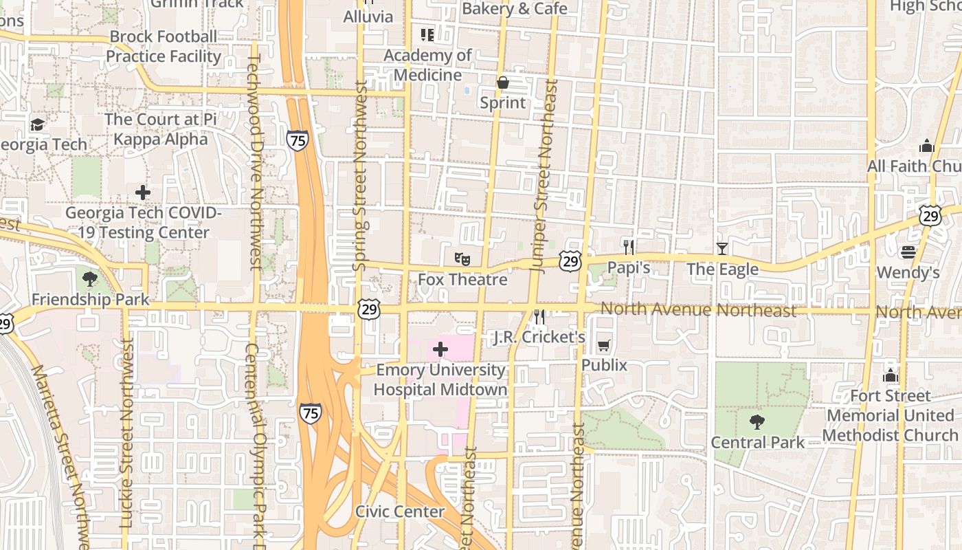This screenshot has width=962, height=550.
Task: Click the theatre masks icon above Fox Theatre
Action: [x=462, y=259]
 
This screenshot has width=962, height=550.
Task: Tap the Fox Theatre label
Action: [x=462, y=280]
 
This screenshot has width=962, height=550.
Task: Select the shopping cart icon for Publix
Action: [x=604, y=345]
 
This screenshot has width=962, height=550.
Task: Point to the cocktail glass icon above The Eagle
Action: [x=721, y=248]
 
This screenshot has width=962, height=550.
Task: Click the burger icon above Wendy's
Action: [x=908, y=252]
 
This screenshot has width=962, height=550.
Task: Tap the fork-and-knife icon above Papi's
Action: [x=628, y=247]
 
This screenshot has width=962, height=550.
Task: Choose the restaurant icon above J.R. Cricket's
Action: [x=539, y=316]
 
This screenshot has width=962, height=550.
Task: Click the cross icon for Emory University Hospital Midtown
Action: [x=440, y=349]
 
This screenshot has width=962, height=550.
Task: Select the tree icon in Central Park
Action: [x=757, y=421]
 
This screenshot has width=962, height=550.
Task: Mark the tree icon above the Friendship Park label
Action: [x=89, y=278]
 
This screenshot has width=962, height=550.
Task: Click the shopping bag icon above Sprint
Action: [x=503, y=82]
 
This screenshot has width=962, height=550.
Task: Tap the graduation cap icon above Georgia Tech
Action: [x=37, y=124]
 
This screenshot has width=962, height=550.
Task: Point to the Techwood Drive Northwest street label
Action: [x=254, y=162]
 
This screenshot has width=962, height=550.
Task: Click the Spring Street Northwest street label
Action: [x=359, y=175]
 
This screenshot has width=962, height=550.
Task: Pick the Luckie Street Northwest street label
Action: [x=126, y=433]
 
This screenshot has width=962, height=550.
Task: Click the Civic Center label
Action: [x=400, y=511]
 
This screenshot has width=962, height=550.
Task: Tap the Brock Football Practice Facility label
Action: [x=164, y=46]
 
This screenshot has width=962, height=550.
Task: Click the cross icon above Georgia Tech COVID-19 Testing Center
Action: [x=143, y=192]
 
